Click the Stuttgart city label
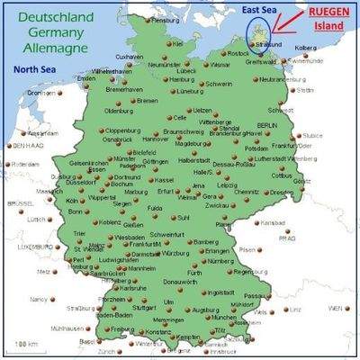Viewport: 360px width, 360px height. (144, 308)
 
